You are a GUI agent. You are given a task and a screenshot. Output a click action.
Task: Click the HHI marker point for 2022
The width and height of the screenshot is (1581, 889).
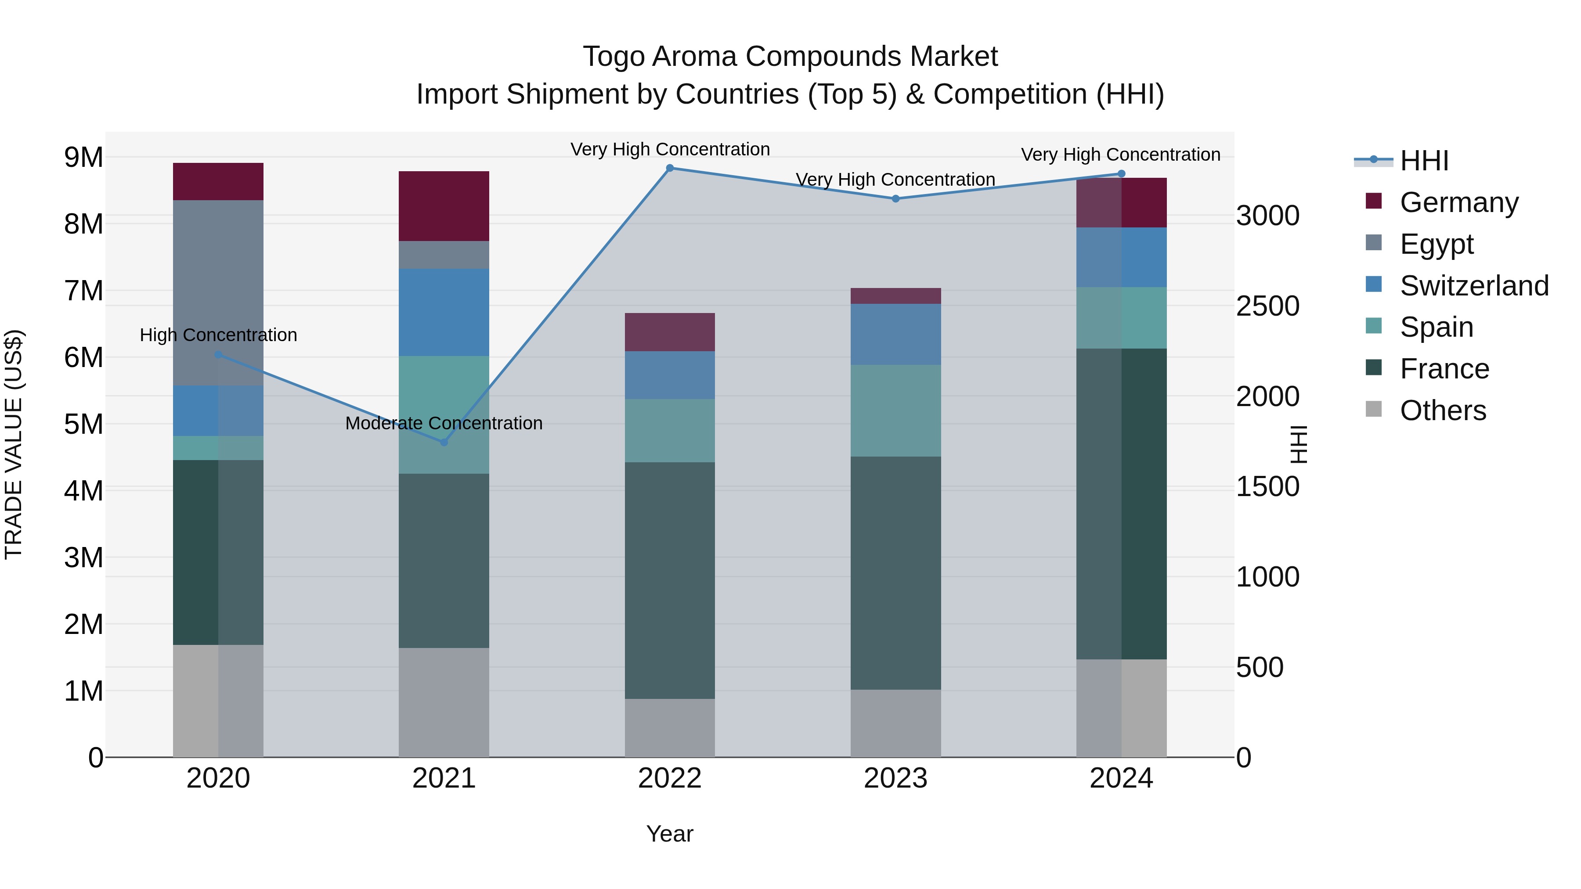[x=670, y=168]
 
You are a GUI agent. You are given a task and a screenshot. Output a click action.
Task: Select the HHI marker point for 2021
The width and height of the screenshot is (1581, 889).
[x=444, y=442]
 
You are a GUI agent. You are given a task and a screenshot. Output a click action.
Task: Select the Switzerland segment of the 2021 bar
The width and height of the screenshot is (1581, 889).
[x=444, y=312]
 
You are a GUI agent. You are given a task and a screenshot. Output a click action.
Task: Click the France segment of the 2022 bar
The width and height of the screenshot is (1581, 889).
[x=670, y=580]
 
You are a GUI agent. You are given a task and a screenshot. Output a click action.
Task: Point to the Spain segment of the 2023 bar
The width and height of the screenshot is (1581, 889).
[x=895, y=410]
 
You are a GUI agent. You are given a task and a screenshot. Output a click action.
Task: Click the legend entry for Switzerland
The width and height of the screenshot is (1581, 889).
[x=1473, y=285]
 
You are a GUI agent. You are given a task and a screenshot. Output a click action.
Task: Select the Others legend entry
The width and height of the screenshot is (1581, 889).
[x=1442, y=410]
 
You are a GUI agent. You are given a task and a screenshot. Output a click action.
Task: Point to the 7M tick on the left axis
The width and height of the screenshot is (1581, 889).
[x=83, y=291]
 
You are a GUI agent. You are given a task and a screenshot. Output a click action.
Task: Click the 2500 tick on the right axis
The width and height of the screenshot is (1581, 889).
[x=1267, y=306]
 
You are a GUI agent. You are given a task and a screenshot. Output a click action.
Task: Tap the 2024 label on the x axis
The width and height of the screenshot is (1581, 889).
[x=1121, y=778]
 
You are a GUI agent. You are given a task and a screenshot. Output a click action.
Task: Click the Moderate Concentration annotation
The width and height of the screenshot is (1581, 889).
[x=444, y=423]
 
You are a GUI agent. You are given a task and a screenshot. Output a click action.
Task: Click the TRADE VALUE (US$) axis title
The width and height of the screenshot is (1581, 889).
[x=14, y=444]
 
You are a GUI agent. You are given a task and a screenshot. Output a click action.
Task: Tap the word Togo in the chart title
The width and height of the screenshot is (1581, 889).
[x=613, y=57]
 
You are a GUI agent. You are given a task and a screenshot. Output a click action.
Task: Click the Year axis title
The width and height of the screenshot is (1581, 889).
[x=670, y=834]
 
